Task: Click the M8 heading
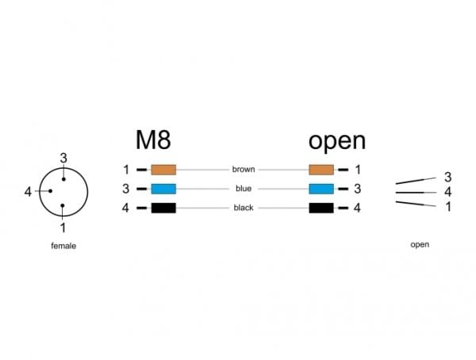click(153, 140)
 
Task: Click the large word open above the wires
click(337, 141)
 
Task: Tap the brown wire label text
click(244, 169)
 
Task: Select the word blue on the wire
click(244, 189)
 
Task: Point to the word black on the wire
click(244, 208)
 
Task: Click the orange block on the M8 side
click(163, 170)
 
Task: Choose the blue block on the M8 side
click(163, 189)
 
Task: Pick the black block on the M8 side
click(163, 208)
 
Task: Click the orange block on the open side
click(321, 170)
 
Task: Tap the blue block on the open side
click(321, 189)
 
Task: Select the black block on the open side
click(321, 208)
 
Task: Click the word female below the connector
click(63, 246)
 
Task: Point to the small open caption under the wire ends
click(420, 245)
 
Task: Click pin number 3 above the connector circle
click(63, 158)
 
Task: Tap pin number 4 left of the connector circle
click(28, 192)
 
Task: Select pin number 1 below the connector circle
click(63, 228)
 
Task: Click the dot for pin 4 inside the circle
click(51, 191)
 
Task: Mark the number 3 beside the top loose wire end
click(447, 177)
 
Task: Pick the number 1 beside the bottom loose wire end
click(448, 207)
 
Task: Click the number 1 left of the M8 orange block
click(126, 170)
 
